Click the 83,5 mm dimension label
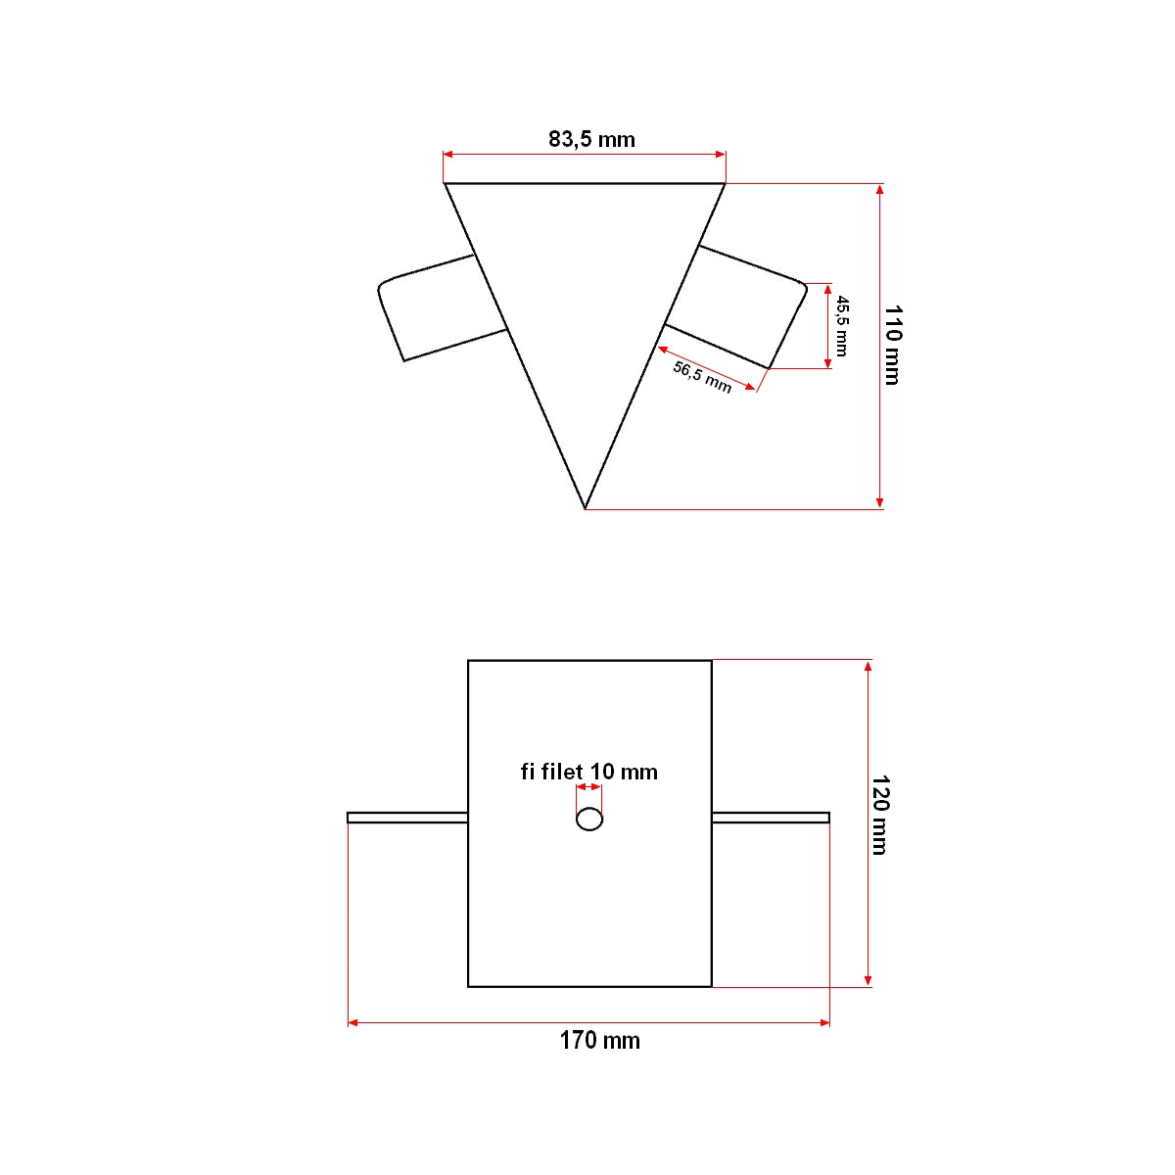pos(591,139)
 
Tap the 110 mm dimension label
pos(892,345)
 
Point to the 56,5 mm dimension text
pos(702,376)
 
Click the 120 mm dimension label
pos(879,815)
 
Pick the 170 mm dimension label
pos(599,1040)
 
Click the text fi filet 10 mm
pos(588,772)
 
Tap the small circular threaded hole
pos(589,819)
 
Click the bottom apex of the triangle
pos(585,508)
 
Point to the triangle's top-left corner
pos(446,184)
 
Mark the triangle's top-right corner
pos(725,184)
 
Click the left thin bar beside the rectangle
pos(407,818)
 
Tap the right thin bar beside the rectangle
pos(771,818)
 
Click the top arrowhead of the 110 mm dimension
pos(880,190)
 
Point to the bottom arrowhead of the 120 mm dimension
pos(868,980)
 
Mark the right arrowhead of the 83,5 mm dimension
pos(720,154)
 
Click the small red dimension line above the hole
pos(588,786)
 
